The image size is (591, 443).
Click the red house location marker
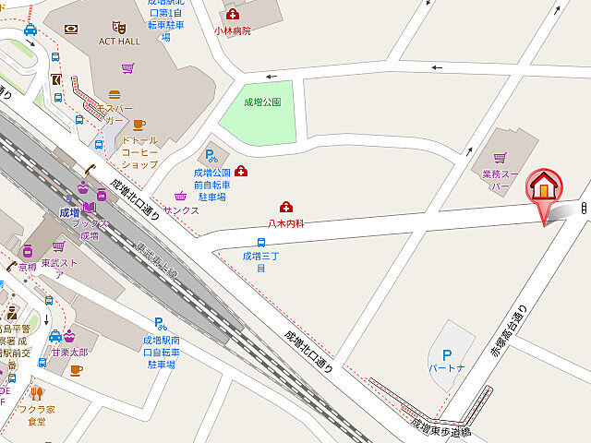(544, 187)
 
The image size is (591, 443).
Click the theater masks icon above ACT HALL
(117, 28)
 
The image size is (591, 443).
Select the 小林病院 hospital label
(232, 30)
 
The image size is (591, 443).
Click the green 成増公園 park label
(262, 102)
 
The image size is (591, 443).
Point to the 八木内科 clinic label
(286, 222)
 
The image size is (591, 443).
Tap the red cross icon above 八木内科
(286, 207)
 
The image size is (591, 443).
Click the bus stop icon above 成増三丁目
(261, 242)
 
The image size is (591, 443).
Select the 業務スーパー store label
(502, 180)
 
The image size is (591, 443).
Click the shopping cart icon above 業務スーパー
(502, 159)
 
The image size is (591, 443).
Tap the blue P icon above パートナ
(447, 353)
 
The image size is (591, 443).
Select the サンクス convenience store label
(181, 210)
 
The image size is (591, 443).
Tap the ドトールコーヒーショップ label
(139, 151)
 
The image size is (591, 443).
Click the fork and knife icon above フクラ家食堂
(36, 392)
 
